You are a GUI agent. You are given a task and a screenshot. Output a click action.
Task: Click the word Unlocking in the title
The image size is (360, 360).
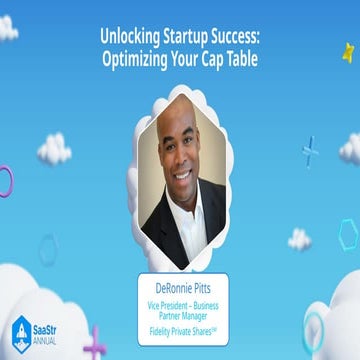pyautogui.click(x=128, y=34)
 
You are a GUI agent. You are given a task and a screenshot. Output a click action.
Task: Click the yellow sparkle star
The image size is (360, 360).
pyautogui.click(x=348, y=51)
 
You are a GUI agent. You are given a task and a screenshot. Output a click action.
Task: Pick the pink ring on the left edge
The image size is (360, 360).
pyautogui.click(x=5, y=181)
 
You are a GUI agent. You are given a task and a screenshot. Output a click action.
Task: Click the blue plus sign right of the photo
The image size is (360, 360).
pyautogui.click(x=310, y=150)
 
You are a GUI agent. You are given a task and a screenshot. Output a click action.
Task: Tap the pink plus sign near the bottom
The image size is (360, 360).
pyautogui.click(x=95, y=343)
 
